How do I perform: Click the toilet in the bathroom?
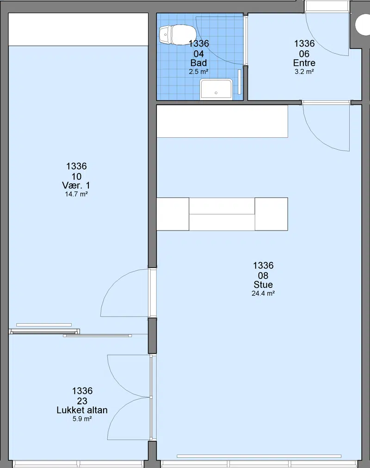coord(177,35)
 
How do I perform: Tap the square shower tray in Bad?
coord(216,89)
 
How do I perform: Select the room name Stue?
coord(263,285)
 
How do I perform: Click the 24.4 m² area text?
coord(263,293)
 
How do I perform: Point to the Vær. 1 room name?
coord(76,185)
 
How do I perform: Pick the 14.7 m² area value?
coord(76,194)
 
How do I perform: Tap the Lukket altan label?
coord(82,410)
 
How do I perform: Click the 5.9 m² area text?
coord(82,419)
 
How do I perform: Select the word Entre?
coord(304,63)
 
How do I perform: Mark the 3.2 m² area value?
coord(304,72)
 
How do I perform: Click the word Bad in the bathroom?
coord(198,63)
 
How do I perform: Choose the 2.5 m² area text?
coord(198,72)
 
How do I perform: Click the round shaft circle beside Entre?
coord(363,24)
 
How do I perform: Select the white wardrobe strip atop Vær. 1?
coord(78,30)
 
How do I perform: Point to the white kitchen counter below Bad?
coord(222,121)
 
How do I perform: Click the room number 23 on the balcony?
coord(82,401)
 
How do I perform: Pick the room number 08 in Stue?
coord(263,275)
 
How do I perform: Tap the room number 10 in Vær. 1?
coord(76,176)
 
